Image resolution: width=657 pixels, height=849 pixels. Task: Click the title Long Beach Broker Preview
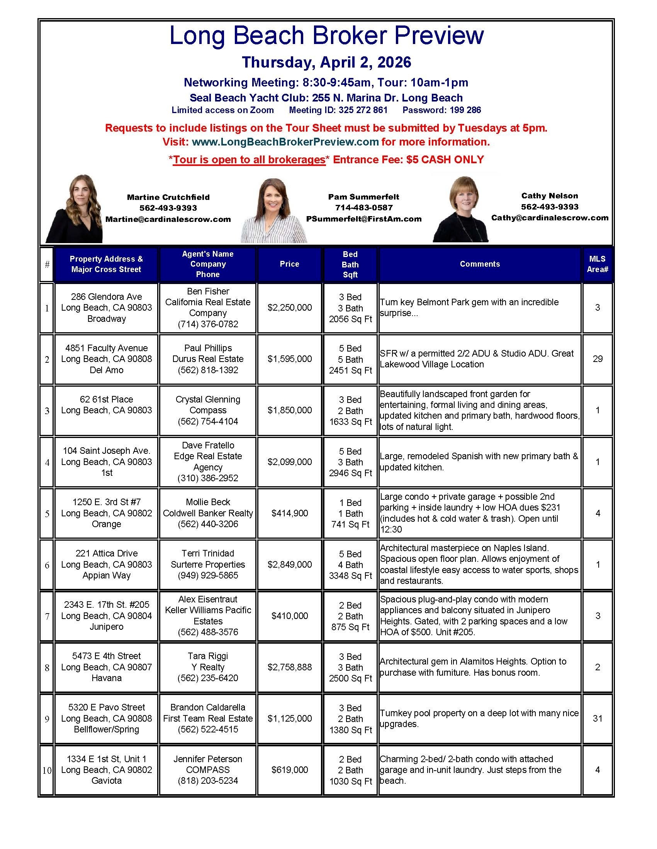tap(326, 36)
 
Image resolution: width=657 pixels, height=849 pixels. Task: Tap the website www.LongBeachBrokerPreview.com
tap(285, 142)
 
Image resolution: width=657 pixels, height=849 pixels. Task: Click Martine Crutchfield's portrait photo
tap(75, 209)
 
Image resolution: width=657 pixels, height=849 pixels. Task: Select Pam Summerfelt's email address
tap(364, 219)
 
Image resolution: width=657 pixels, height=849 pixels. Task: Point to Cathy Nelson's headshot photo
tap(461, 209)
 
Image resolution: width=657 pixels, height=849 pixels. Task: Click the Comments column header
tap(480, 264)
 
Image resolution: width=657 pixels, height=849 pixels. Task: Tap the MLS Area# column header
tap(597, 264)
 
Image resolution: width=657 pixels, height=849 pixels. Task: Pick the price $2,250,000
tap(289, 308)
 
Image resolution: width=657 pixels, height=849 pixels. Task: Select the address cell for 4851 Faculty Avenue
tap(106, 359)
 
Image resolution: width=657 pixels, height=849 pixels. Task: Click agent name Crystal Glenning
tap(208, 399)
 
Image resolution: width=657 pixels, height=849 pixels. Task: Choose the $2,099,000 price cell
tap(289, 462)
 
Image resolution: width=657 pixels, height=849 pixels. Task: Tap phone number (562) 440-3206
tap(208, 524)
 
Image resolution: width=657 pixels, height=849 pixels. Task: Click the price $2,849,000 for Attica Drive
tap(289, 565)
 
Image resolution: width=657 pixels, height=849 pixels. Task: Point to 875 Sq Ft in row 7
tap(350, 627)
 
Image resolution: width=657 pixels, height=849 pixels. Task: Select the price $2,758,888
tap(289, 667)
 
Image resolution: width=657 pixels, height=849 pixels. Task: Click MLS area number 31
tap(597, 719)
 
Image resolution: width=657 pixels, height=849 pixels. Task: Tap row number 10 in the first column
tap(47, 770)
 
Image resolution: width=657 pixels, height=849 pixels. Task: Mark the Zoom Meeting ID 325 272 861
tap(338, 110)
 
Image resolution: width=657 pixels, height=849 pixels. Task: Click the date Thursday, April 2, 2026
tap(326, 62)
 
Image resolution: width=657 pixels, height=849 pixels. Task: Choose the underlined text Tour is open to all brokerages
tap(249, 160)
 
